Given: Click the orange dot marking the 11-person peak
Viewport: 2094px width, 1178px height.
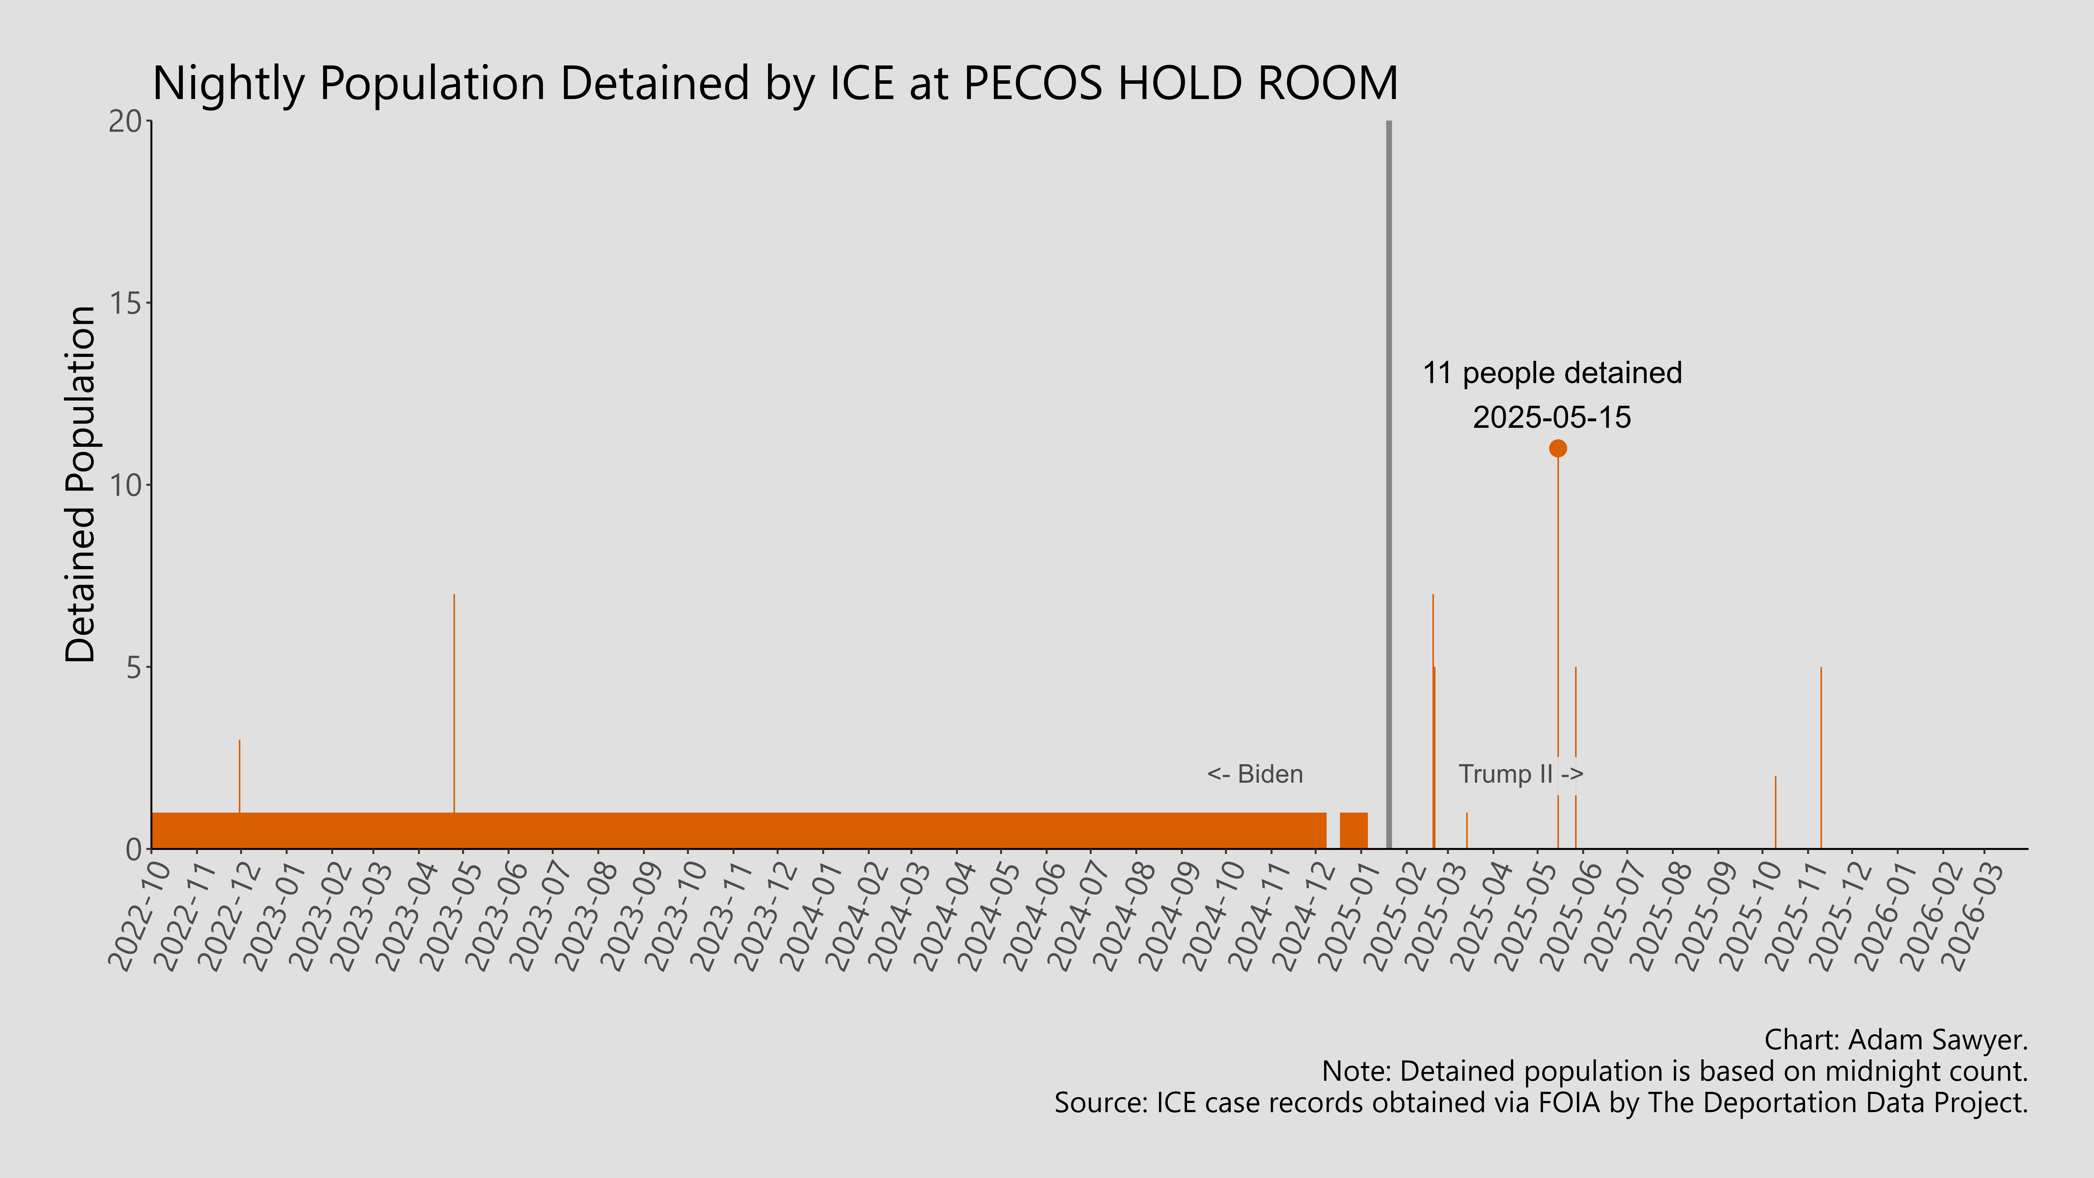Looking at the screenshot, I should coord(1557,448).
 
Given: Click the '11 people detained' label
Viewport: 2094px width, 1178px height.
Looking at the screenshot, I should coord(1552,373).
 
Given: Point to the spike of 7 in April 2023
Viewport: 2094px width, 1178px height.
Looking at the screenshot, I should coord(454,699).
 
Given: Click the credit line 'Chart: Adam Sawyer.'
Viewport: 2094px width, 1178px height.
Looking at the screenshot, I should coord(1896,1040).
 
